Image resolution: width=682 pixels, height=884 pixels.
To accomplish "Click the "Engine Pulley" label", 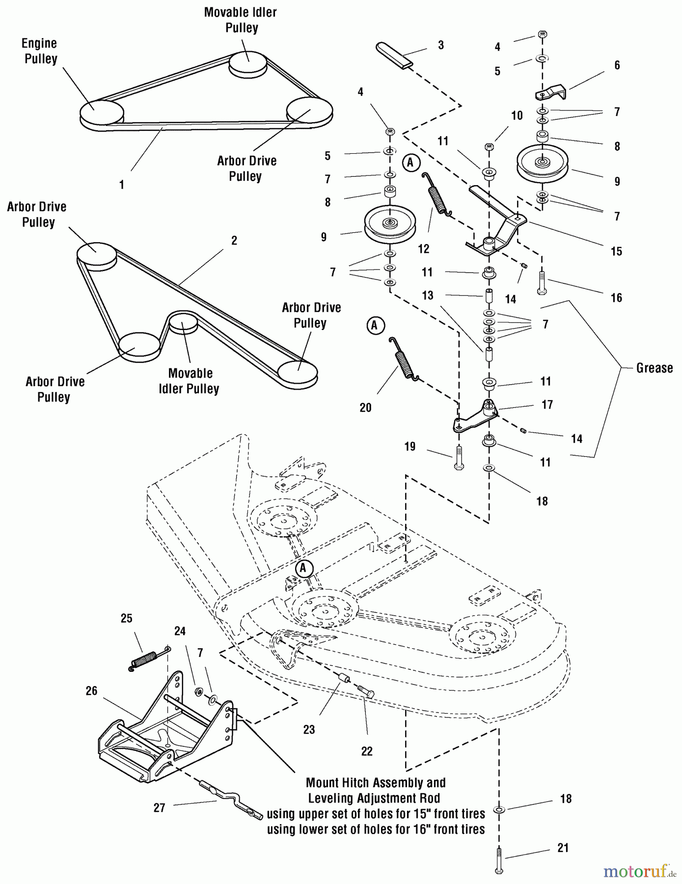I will click(40, 51).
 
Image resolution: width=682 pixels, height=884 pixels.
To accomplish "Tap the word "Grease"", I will click(654, 368).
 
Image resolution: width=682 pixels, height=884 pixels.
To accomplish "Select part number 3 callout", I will click(440, 45).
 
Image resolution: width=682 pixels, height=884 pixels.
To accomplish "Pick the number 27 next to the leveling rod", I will click(159, 808).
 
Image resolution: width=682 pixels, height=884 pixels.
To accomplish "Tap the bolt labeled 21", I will click(499, 860).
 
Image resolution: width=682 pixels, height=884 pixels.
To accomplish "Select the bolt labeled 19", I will click(459, 458).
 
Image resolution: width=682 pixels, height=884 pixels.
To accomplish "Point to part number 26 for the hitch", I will click(91, 691).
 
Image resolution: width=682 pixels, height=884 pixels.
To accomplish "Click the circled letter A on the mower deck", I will click(303, 568).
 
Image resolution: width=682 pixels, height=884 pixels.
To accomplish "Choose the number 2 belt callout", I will click(234, 241).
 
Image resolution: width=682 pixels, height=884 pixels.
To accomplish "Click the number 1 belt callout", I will click(122, 185).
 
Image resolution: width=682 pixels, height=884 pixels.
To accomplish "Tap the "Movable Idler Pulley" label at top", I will click(241, 20).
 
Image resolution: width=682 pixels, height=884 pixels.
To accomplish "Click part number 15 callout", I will click(616, 251).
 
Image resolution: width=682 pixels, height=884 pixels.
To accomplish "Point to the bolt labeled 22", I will click(366, 692).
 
